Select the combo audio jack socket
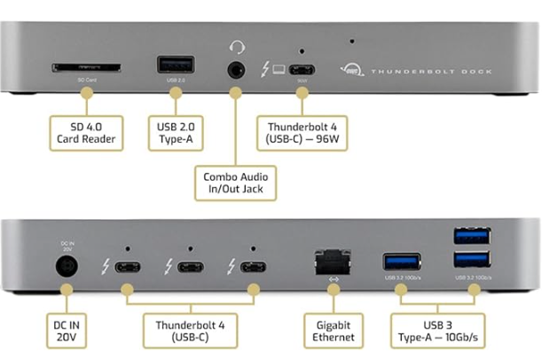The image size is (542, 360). pyautogui.click(x=237, y=69)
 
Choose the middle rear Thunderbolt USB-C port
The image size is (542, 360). pyautogui.click(x=189, y=267)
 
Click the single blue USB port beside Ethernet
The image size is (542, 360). pyautogui.click(x=397, y=262)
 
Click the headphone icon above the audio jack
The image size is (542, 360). pyautogui.click(x=237, y=46)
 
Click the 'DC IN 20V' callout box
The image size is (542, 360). pyautogui.click(x=67, y=331)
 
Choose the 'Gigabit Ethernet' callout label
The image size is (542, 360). pyautogui.click(x=334, y=331)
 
